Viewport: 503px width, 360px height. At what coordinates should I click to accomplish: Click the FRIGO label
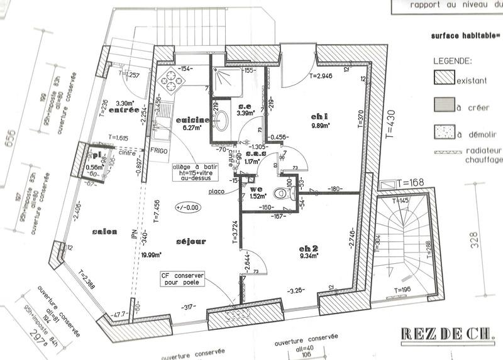(x=158, y=151)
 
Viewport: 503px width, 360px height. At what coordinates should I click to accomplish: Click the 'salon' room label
(x=105, y=232)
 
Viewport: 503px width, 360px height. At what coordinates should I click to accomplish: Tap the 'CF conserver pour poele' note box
(x=180, y=277)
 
